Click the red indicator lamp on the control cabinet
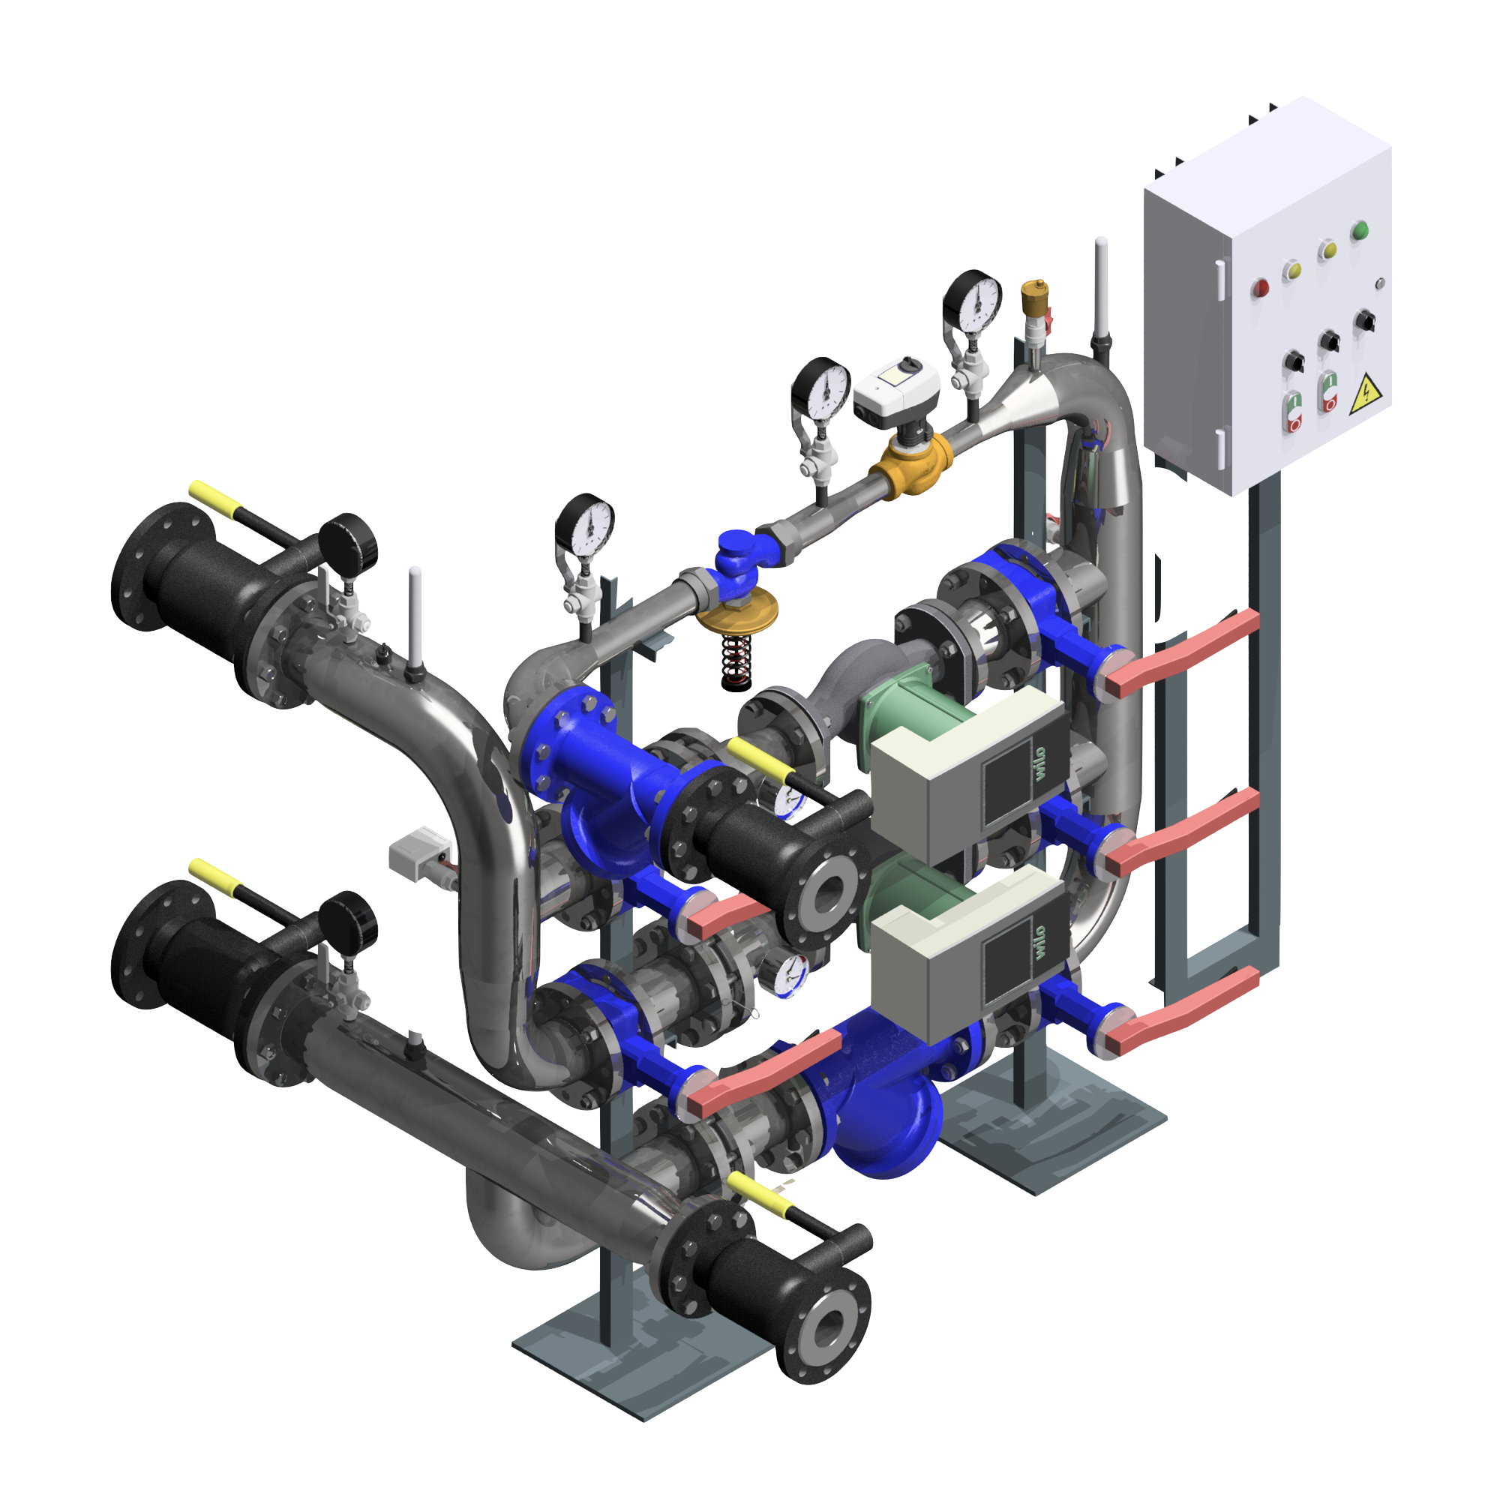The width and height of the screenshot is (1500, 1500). (x=1260, y=289)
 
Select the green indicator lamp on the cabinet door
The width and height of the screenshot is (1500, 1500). (x=1360, y=230)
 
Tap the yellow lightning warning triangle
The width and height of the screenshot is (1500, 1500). (x=1364, y=394)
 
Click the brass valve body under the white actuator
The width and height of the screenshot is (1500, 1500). (x=910, y=465)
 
